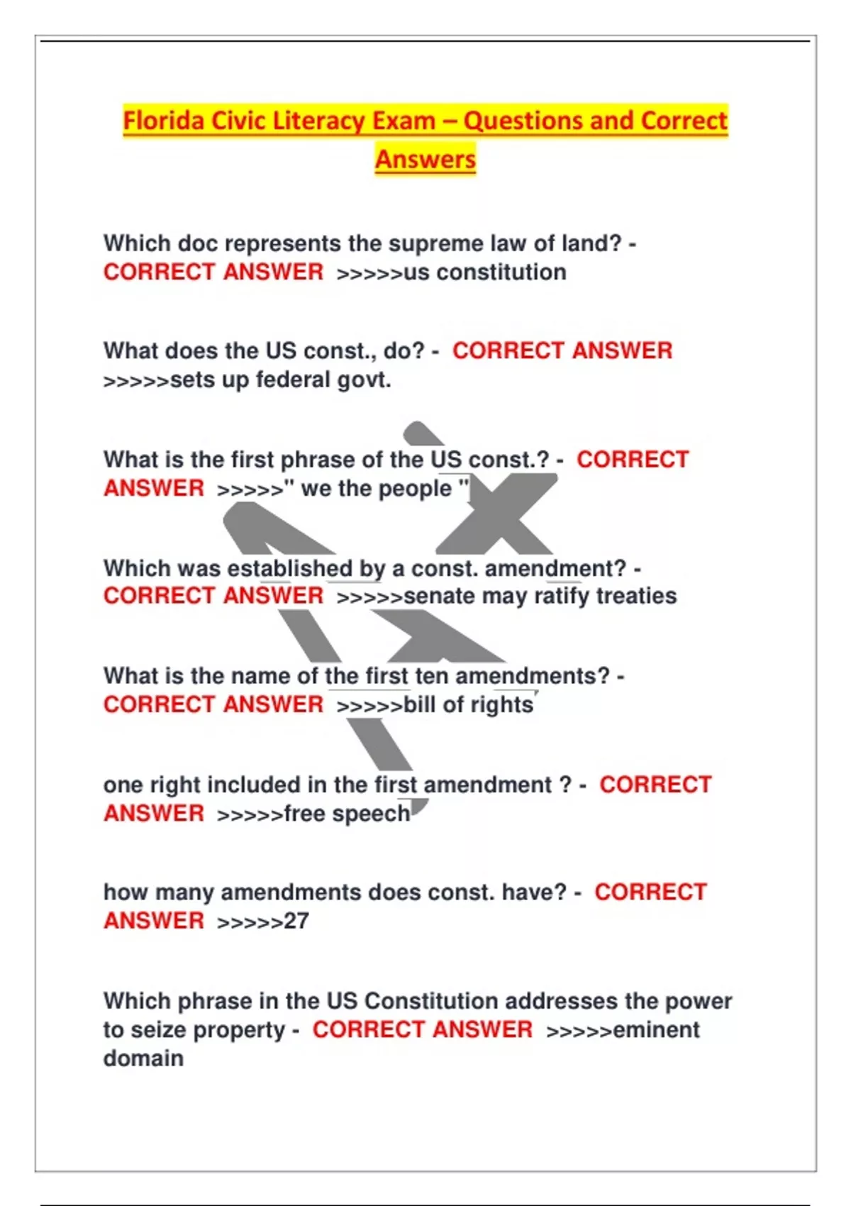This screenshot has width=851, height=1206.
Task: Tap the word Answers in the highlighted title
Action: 425,159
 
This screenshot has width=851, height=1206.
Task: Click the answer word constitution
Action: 501,272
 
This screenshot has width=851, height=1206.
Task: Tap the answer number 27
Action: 296,921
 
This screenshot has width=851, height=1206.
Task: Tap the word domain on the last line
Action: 143,1058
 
